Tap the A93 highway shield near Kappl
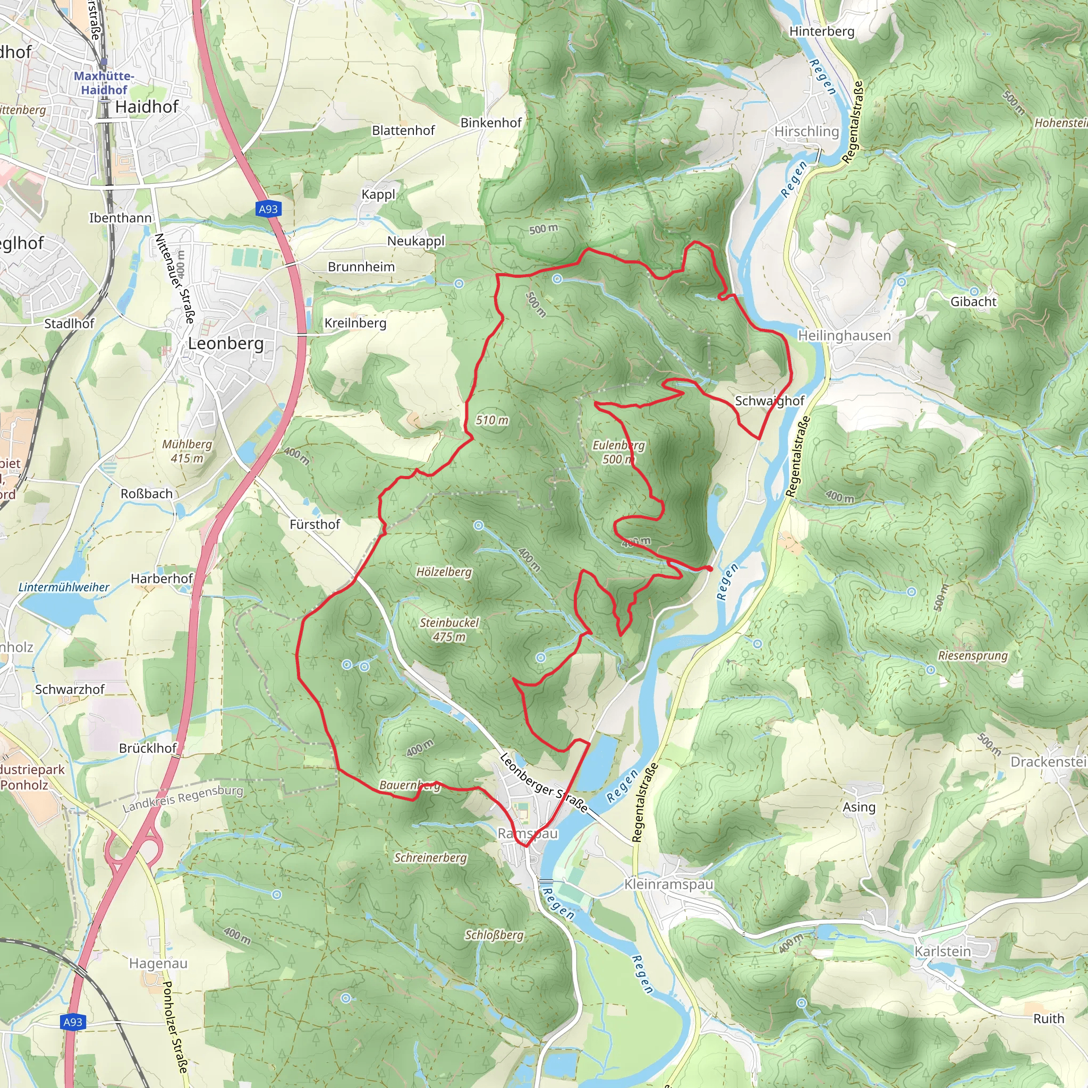pos(268,209)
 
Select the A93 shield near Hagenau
pos(73,1022)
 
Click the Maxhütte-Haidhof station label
pos(104,83)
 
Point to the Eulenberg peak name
pos(618,445)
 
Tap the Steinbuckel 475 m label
pos(449,630)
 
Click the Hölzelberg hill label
pos(444,572)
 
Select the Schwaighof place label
pos(769,401)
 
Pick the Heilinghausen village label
pos(844,336)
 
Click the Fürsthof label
pos(315,524)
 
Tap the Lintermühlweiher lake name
pos(64,588)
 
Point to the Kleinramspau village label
pos(668,884)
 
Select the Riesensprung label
pos(973,656)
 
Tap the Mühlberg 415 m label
pos(187,451)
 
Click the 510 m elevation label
pos(491,420)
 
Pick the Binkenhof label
pos(491,123)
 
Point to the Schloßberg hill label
pos(494,935)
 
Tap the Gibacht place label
pos(973,302)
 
